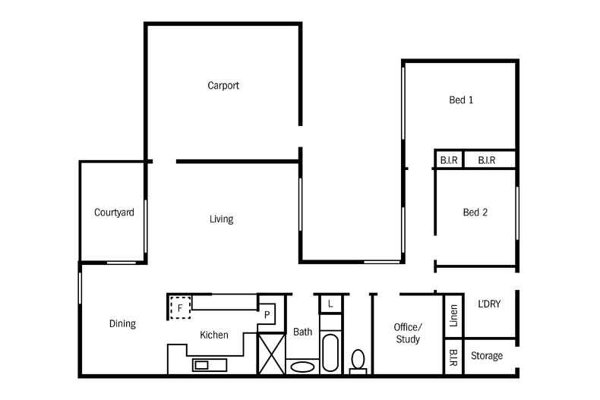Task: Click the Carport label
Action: click(223, 86)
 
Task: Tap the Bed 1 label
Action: click(461, 99)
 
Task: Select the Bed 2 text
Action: click(475, 213)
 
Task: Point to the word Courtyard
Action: click(114, 213)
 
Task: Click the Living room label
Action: click(221, 219)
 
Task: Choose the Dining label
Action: click(122, 324)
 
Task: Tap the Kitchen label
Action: click(213, 335)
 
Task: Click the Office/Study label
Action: click(408, 333)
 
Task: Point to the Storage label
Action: click(487, 356)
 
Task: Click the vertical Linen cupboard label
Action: click(453, 314)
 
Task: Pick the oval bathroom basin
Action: click(302, 367)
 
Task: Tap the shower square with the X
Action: click(271, 353)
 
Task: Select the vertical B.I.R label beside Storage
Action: click(453, 356)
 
